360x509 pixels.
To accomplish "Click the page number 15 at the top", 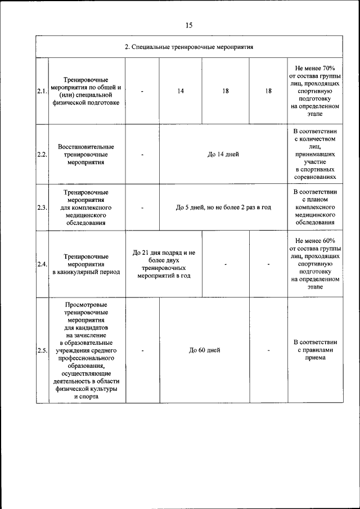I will pyautogui.click(x=188, y=25).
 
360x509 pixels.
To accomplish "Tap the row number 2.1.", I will pyautogui.click(x=42, y=91).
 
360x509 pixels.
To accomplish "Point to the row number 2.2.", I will pyautogui.click(x=42, y=155).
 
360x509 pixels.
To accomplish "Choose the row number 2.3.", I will pyautogui.click(x=42, y=208).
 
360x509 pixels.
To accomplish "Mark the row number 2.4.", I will pyautogui.click(x=42, y=264).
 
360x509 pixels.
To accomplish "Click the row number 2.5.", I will pyautogui.click(x=42, y=350).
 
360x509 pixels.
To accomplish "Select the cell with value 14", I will pyautogui.click(x=181, y=91).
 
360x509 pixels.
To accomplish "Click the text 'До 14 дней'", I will pyautogui.click(x=223, y=155).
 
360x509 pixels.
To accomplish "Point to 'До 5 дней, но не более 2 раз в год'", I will pyautogui.click(x=223, y=208).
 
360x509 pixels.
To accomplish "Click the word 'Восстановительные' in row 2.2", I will pyautogui.click(x=87, y=147).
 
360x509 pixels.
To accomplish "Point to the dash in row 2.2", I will pyautogui.click(x=143, y=155).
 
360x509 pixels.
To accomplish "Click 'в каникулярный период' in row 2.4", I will pyautogui.click(x=87, y=272).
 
